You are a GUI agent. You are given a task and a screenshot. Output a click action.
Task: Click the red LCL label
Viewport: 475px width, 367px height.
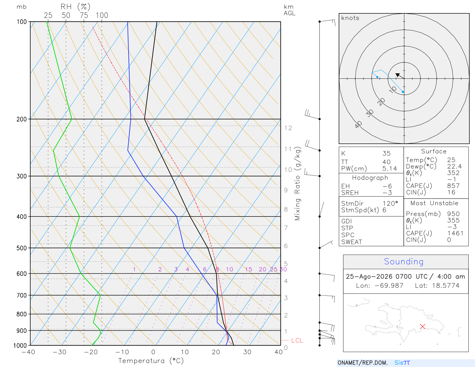[x=297, y=340]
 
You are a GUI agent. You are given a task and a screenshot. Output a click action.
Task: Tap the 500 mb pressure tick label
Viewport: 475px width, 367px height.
[x=21, y=248]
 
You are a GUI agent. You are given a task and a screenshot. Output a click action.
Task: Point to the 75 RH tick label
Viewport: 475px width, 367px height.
[x=84, y=15]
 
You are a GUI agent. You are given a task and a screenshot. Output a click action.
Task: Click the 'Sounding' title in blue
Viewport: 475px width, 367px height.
[x=403, y=262]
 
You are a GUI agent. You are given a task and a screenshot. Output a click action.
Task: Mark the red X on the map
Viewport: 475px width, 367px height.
[x=422, y=327]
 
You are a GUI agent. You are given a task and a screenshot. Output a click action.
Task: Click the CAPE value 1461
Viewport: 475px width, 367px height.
[x=455, y=233]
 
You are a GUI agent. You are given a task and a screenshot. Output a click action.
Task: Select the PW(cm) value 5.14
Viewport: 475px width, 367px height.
[x=390, y=169]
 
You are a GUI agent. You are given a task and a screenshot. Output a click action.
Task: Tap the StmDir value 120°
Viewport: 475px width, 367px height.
[x=390, y=203]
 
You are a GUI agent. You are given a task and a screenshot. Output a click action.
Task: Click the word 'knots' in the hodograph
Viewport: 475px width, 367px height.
[x=350, y=18]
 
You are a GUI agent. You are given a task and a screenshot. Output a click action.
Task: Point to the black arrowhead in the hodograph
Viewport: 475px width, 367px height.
[x=398, y=75]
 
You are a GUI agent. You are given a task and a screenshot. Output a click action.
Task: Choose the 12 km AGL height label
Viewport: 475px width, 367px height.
[x=288, y=128]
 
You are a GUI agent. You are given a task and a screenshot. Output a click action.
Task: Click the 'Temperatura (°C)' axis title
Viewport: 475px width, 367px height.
[x=151, y=361]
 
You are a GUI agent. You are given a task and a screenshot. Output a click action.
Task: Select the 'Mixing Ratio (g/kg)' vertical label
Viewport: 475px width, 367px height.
[x=298, y=183]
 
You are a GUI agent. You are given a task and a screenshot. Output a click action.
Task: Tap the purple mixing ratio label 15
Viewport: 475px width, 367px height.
[x=248, y=269]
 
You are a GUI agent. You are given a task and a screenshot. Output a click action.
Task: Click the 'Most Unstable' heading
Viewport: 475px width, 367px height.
[x=434, y=203]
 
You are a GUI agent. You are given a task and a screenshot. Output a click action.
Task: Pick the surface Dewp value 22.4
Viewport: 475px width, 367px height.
[x=454, y=166]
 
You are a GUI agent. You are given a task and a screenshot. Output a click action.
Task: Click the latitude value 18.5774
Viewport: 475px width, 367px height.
[x=446, y=285]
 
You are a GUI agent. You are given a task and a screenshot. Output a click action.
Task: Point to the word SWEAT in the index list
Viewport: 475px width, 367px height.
[x=351, y=242]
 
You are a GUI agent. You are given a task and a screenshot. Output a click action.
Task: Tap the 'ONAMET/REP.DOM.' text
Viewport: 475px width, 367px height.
[x=362, y=363]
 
